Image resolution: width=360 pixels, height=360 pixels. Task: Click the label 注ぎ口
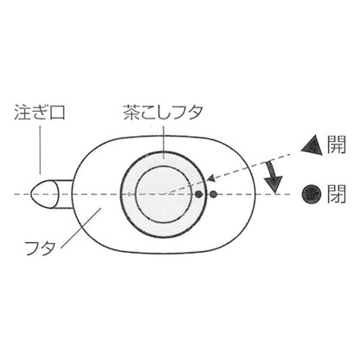(40, 112)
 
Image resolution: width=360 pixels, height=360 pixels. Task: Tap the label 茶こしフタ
(163, 112)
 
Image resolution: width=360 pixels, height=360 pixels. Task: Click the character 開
(336, 145)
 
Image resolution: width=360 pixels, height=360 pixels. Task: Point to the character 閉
(336, 194)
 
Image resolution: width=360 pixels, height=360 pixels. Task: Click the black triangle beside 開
(312, 145)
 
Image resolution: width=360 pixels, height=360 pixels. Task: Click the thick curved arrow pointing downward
(273, 177)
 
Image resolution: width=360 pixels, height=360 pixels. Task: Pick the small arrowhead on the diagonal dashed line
(212, 178)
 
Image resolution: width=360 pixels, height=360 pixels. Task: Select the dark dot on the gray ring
(198, 195)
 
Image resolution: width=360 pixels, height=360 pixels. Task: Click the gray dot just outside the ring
(214, 195)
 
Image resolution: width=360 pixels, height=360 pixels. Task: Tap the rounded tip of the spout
(31, 194)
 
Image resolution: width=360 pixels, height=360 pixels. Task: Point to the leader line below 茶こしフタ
(164, 140)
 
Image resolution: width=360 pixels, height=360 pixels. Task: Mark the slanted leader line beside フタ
(81, 228)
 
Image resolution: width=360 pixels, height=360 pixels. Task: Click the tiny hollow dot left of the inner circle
(129, 194)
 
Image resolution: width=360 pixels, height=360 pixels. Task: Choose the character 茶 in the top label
(132, 112)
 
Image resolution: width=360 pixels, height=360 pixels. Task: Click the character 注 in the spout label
(22, 112)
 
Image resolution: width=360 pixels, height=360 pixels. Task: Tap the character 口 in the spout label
(57, 112)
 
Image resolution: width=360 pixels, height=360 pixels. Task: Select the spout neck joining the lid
(65, 194)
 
